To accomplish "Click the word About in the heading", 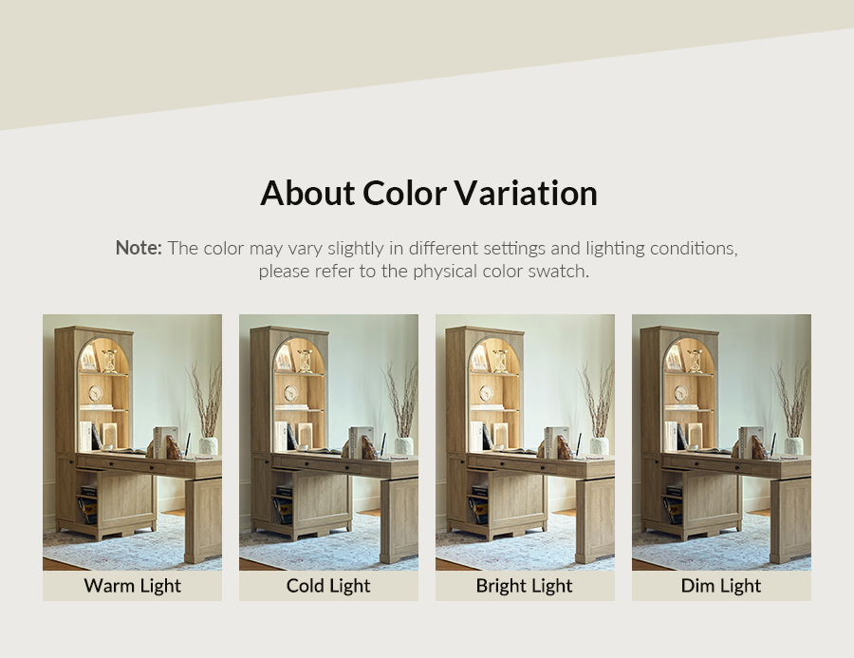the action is (307, 193).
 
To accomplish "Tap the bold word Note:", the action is (139, 248).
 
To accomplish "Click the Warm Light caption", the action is (132, 586).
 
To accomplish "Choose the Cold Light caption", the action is (328, 586).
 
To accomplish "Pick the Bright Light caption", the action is (525, 586).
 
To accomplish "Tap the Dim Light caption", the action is (721, 586).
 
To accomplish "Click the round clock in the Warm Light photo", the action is (95, 392).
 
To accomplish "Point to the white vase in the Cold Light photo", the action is (403, 445).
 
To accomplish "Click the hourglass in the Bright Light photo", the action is (501, 361).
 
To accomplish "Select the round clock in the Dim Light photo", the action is (680, 392).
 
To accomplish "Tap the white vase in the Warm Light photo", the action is (208, 445).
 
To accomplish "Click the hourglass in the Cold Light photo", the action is (305, 361).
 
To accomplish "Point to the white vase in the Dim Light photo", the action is (793, 445).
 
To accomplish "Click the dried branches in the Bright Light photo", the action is (597, 401).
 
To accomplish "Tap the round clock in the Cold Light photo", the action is (291, 392).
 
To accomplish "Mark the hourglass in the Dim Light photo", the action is (695, 361).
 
